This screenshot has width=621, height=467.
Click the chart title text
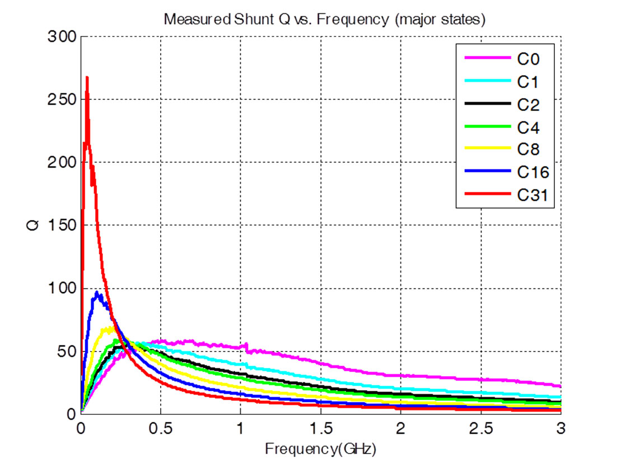coord(324,19)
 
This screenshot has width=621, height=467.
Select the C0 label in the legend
coord(528,58)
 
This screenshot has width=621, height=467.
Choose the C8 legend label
coord(528,149)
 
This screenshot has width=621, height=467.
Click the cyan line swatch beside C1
coord(487,81)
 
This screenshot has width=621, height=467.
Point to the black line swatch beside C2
coord(487,104)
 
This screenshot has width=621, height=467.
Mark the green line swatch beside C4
coord(487,127)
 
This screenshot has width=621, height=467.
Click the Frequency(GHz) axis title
coord(320,449)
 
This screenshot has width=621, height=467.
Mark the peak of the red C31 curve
coord(87,77)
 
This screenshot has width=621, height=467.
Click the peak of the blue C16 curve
coord(97,292)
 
